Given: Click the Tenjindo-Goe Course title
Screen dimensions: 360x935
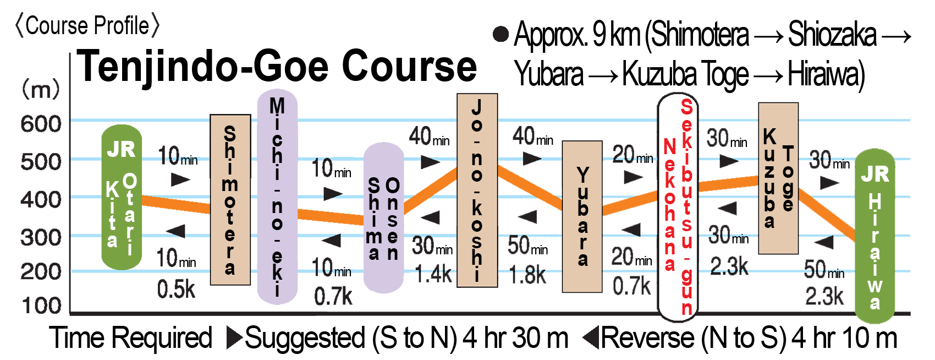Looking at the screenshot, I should click(276, 66).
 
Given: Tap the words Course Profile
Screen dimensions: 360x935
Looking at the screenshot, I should click(87, 25).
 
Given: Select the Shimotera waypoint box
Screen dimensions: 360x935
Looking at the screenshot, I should click(230, 199).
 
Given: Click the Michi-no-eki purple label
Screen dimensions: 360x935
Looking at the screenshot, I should click(277, 197).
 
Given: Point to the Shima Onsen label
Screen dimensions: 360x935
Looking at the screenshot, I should click(383, 219).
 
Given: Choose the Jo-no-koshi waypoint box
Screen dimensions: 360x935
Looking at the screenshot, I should click(477, 190).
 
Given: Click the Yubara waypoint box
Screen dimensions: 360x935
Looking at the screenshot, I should click(582, 216).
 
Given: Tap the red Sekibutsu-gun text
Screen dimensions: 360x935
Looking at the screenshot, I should click(687, 206).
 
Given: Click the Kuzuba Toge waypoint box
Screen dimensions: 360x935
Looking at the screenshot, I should click(778, 178).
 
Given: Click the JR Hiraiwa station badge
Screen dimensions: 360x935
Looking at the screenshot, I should click(875, 237).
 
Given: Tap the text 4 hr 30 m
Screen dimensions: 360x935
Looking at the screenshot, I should click(515, 338).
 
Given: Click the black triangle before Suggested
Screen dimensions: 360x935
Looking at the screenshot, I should click(234, 338).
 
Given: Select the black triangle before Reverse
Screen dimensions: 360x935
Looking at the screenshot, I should click(591, 338).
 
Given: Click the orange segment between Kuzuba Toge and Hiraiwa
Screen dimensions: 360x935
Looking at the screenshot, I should click(825, 215).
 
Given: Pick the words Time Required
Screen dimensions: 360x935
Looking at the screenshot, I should click(131, 338).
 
